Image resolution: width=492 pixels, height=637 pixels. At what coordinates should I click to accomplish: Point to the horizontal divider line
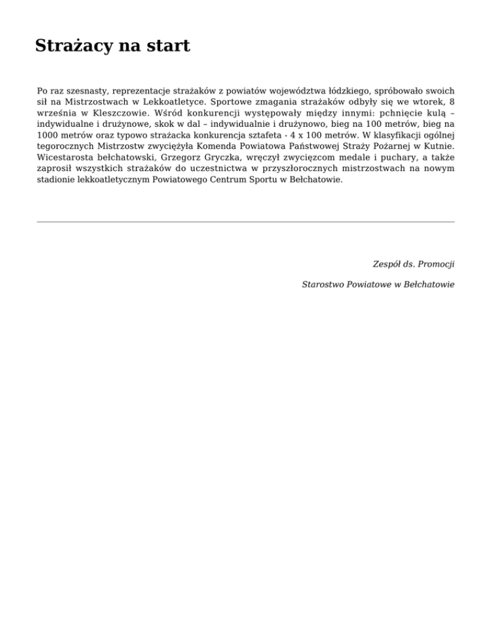coord(246,222)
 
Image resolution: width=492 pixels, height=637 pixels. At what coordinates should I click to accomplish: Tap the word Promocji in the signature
coord(435,264)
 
